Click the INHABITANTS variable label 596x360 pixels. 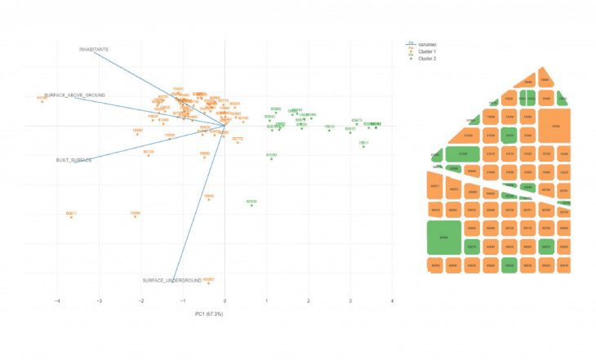94,49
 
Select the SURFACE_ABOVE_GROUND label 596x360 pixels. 74,96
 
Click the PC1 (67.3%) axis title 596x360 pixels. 209,313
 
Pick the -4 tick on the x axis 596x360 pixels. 57,301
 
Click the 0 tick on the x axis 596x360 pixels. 225,301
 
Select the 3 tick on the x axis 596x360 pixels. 350,301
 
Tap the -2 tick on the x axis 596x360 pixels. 141,301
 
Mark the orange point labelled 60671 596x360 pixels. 71,217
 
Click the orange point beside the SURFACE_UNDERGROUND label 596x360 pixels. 209,282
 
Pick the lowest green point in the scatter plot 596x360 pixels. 251,205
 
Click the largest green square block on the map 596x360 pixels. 444,238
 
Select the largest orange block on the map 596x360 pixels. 555,127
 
